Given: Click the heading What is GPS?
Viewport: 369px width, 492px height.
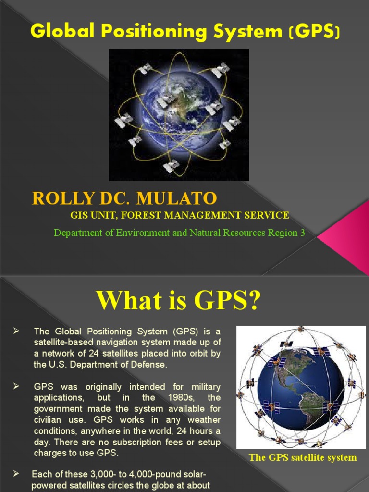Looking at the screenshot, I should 178,301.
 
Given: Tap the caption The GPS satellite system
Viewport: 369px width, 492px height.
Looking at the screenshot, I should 303,457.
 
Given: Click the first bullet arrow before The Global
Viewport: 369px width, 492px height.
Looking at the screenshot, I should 15,331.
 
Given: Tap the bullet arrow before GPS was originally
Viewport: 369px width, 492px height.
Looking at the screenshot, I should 15,387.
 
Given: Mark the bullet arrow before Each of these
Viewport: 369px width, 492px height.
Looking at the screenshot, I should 15,474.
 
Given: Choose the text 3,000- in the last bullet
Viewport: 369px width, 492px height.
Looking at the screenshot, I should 106,474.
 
